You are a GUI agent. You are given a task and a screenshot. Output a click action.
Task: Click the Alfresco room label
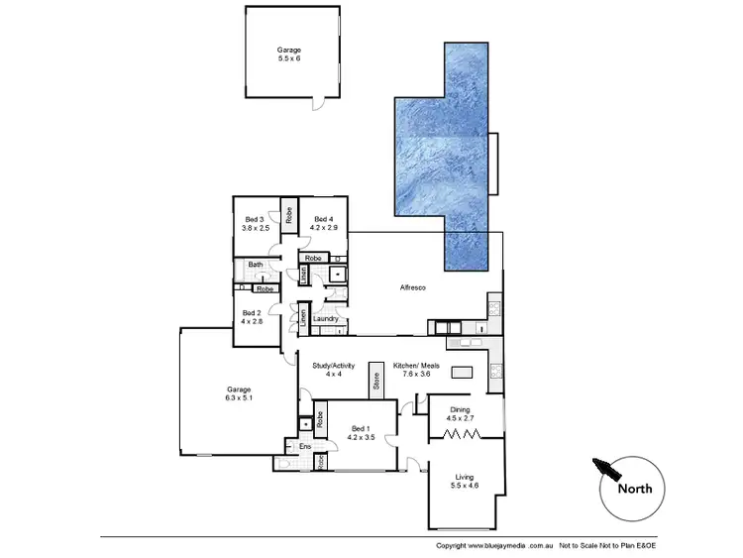tap(412, 287)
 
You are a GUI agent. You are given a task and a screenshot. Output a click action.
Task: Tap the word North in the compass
tap(634, 488)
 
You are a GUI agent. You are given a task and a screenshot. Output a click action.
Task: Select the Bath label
tap(256, 265)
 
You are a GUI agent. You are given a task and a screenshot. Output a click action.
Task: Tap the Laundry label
tap(326, 318)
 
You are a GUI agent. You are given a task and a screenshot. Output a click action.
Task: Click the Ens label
tap(306, 446)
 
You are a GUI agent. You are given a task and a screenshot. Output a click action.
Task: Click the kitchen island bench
tap(463, 373)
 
